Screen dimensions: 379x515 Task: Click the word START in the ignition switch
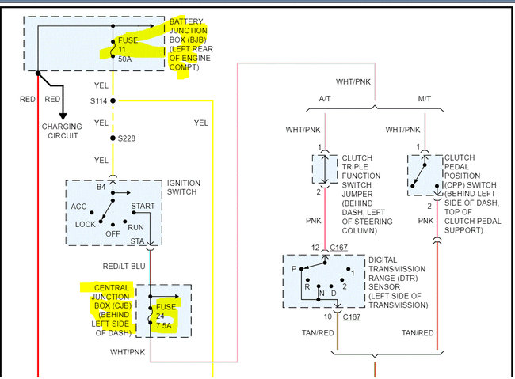(x=144, y=207)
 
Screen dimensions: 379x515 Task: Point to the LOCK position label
(x=85, y=224)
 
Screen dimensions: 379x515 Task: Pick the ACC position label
(x=80, y=207)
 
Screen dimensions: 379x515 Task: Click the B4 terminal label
(x=101, y=187)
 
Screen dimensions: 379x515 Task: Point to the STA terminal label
(x=138, y=241)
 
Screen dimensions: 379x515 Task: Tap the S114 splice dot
(x=113, y=100)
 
